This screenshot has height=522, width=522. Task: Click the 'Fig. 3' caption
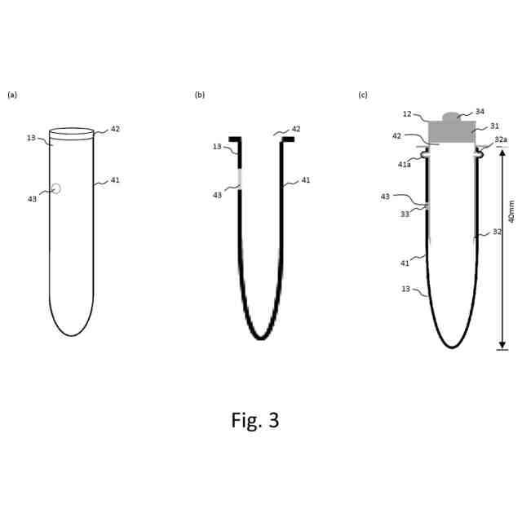point(255,420)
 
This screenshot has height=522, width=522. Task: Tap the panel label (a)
point(11,95)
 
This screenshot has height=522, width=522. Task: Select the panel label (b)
point(199,95)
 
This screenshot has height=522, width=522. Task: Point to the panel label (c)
point(363,95)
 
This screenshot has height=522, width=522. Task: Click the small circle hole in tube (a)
point(55,188)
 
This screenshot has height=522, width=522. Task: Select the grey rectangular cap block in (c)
point(452,132)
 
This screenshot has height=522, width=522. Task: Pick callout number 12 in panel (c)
point(407,114)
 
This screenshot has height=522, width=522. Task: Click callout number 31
point(493,126)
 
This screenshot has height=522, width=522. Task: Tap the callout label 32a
point(500,139)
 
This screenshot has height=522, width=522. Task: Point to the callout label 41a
point(405,164)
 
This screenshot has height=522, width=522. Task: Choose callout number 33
point(405,214)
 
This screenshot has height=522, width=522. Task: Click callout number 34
point(480,111)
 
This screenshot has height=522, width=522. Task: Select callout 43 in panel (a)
point(33,198)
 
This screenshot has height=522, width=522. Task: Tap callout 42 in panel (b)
point(295,129)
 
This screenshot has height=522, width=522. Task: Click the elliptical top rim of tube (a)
point(71,130)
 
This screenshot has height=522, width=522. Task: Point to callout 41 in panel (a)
point(114,179)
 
